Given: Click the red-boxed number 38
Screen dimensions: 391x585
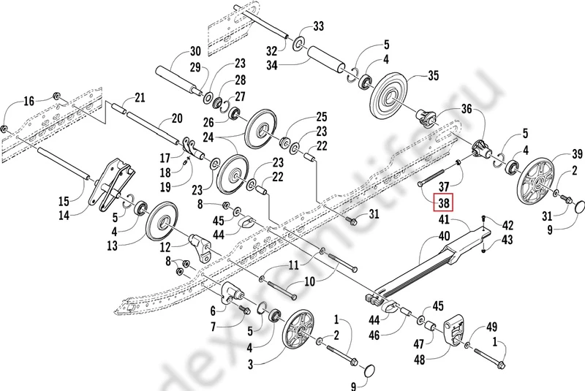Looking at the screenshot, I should click(443, 202).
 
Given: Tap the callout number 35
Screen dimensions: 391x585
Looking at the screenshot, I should click(433, 75).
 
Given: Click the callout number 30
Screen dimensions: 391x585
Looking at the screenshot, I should click(195, 51).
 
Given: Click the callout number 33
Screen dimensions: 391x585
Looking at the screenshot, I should click(318, 27).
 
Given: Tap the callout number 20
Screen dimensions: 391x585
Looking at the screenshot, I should click(176, 118).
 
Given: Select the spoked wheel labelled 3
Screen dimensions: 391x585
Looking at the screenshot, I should click(301, 334).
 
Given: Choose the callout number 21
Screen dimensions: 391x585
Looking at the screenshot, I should click(140, 98).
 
